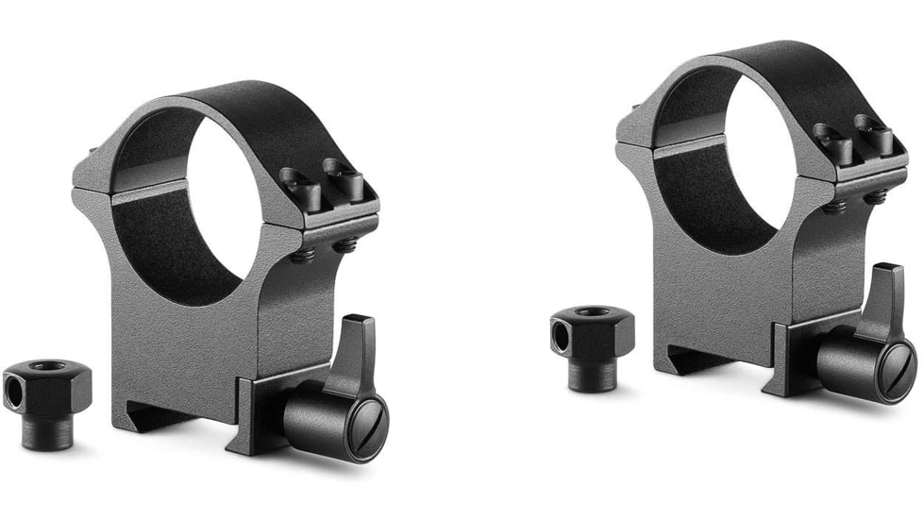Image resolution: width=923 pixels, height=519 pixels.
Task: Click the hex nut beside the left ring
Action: point(47,387)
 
